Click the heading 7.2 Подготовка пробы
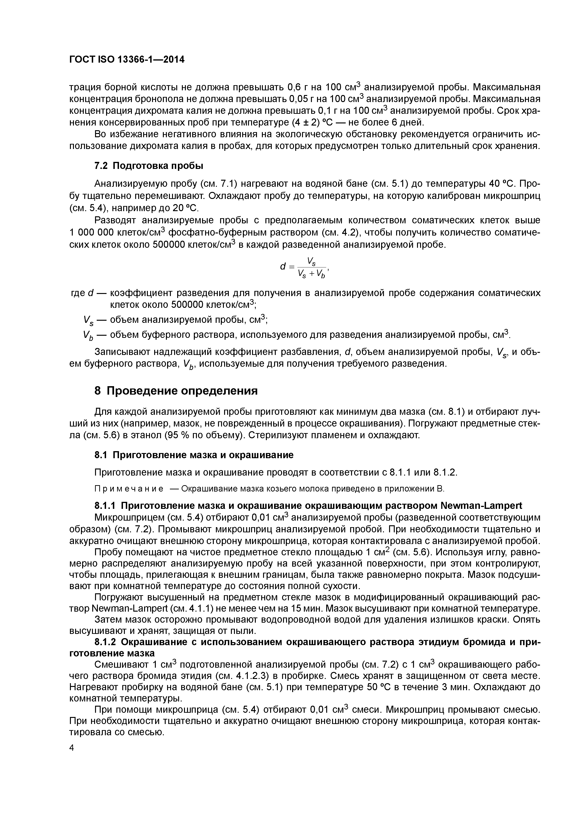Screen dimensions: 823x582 (x=149, y=166)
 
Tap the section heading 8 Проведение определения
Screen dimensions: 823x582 (x=176, y=391)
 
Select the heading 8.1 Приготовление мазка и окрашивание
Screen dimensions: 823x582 (x=194, y=455)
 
